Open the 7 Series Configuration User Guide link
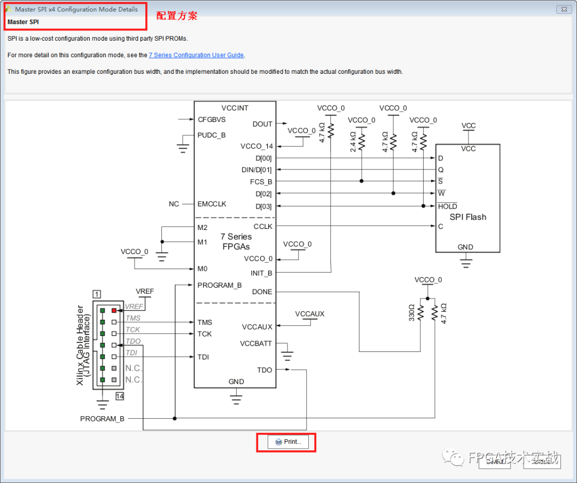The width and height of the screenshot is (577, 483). [x=196, y=55]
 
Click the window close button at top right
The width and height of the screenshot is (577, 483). [x=563, y=10]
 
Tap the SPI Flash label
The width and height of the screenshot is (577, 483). [x=467, y=217]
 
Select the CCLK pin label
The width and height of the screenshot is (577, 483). [x=263, y=226]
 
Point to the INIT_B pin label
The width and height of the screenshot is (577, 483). [x=261, y=273]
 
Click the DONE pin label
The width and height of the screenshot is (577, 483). [x=262, y=292]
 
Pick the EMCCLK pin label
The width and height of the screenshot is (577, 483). [x=212, y=204]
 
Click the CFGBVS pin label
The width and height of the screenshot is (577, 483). [x=212, y=120]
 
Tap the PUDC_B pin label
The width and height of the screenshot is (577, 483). [x=212, y=135]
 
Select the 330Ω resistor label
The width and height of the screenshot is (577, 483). [x=412, y=312]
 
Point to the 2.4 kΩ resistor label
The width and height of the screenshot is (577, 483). [x=353, y=142]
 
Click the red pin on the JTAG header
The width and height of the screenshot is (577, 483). [x=114, y=310]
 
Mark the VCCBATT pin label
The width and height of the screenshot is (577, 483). [x=257, y=344]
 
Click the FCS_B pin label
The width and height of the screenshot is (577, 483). [x=261, y=182]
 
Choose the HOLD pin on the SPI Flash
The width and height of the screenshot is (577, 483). [x=447, y=206]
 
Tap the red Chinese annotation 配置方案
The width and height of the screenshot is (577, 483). [x=177, y=16]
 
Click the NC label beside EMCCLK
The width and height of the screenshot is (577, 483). [x=174, y=204]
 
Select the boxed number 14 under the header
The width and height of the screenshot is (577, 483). [x=119, y=396]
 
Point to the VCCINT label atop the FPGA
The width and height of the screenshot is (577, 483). [x=235, y=108]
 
